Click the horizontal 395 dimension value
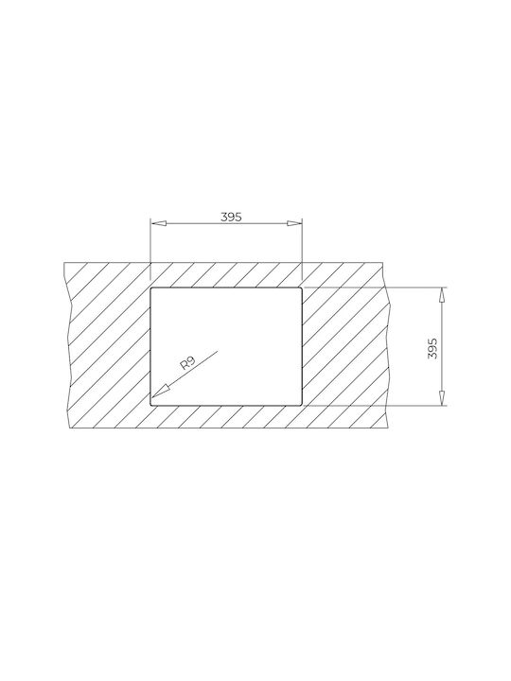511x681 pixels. coord(231,217)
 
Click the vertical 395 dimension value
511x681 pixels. coord(432,348)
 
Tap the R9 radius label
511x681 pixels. coord(188,362)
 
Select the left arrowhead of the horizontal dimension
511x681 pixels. coord(158,223)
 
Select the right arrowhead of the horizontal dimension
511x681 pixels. coord(294,223)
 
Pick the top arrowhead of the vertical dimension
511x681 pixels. coord(442,295)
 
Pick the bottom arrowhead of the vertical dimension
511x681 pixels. coord(442,398)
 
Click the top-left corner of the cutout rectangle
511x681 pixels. coord(150,288)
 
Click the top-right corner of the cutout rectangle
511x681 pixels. coord(301,288)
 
